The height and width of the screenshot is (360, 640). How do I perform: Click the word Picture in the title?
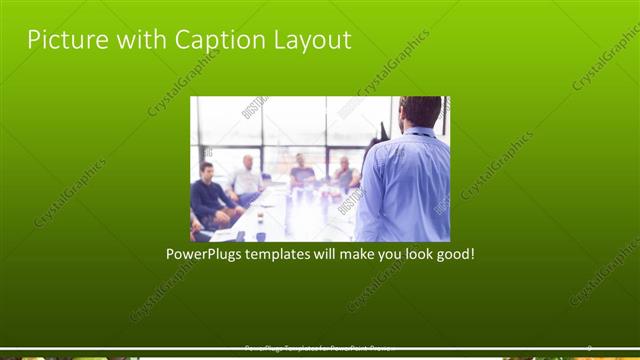pyautogui.click(x=63, y=40)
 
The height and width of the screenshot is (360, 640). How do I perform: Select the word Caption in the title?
pyautogui.click(x=218, y=40)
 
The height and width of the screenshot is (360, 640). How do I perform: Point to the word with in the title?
pyautogui.click(x=139, y=40)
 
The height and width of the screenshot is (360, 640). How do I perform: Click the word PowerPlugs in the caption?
pyautogui.click(x=204, y=254)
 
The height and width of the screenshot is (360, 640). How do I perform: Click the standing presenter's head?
pyautogui.click(x=420, y=112)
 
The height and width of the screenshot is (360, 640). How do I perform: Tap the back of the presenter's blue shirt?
pyautogui.click(x=405, y=185)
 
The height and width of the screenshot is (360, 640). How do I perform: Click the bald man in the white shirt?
pyautogui.click(x=246, y=180)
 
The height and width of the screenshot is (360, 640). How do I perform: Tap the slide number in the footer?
pyautogui.click(x=589, y=348)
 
